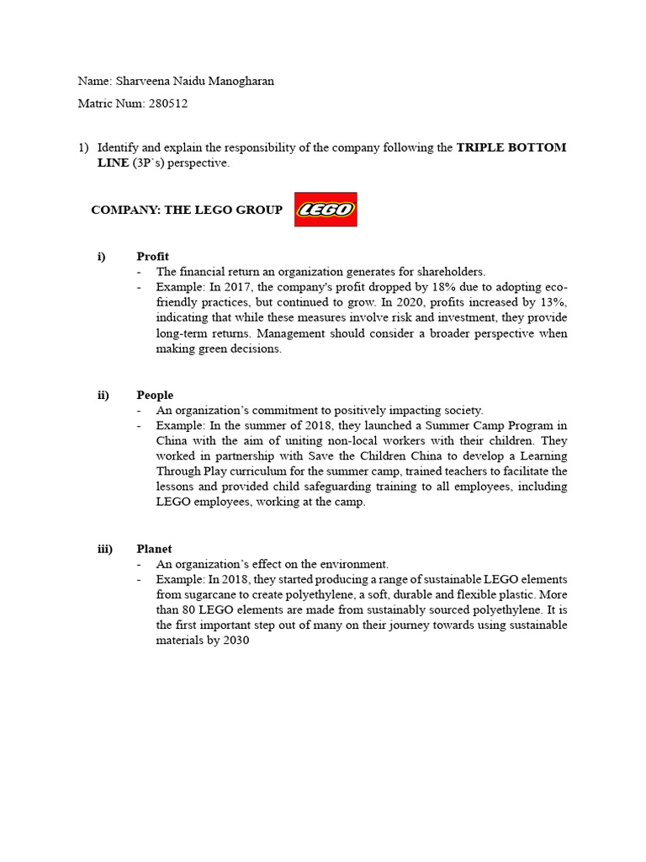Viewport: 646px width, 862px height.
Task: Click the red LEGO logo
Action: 326,210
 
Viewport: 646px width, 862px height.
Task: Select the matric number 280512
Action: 169,104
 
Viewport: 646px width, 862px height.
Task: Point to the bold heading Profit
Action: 153,256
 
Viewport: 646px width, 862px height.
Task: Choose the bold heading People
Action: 155,395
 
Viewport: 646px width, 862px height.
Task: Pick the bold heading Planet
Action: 155,549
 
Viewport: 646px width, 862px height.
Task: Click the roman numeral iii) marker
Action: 105,549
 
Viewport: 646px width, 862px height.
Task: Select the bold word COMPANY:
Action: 126,210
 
